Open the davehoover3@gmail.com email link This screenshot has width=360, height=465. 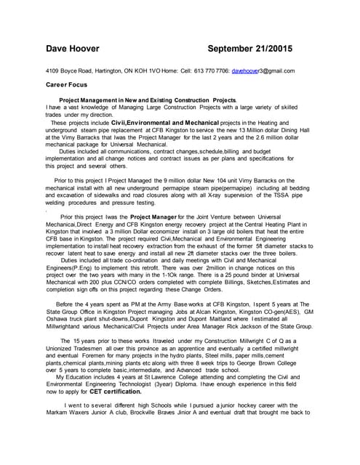click(263, 71)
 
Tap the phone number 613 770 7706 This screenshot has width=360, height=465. click(211, 71)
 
